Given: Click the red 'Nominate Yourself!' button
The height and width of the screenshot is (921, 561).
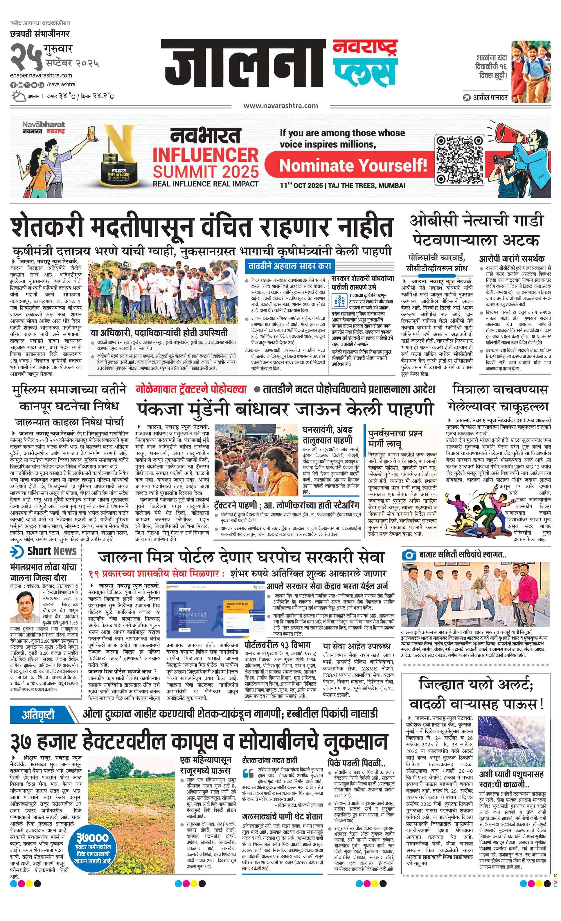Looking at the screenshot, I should (353, 164).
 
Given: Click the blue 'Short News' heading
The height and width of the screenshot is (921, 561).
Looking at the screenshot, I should (52, 551).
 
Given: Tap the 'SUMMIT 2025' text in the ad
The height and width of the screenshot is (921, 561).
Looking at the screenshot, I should (206, 172).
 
